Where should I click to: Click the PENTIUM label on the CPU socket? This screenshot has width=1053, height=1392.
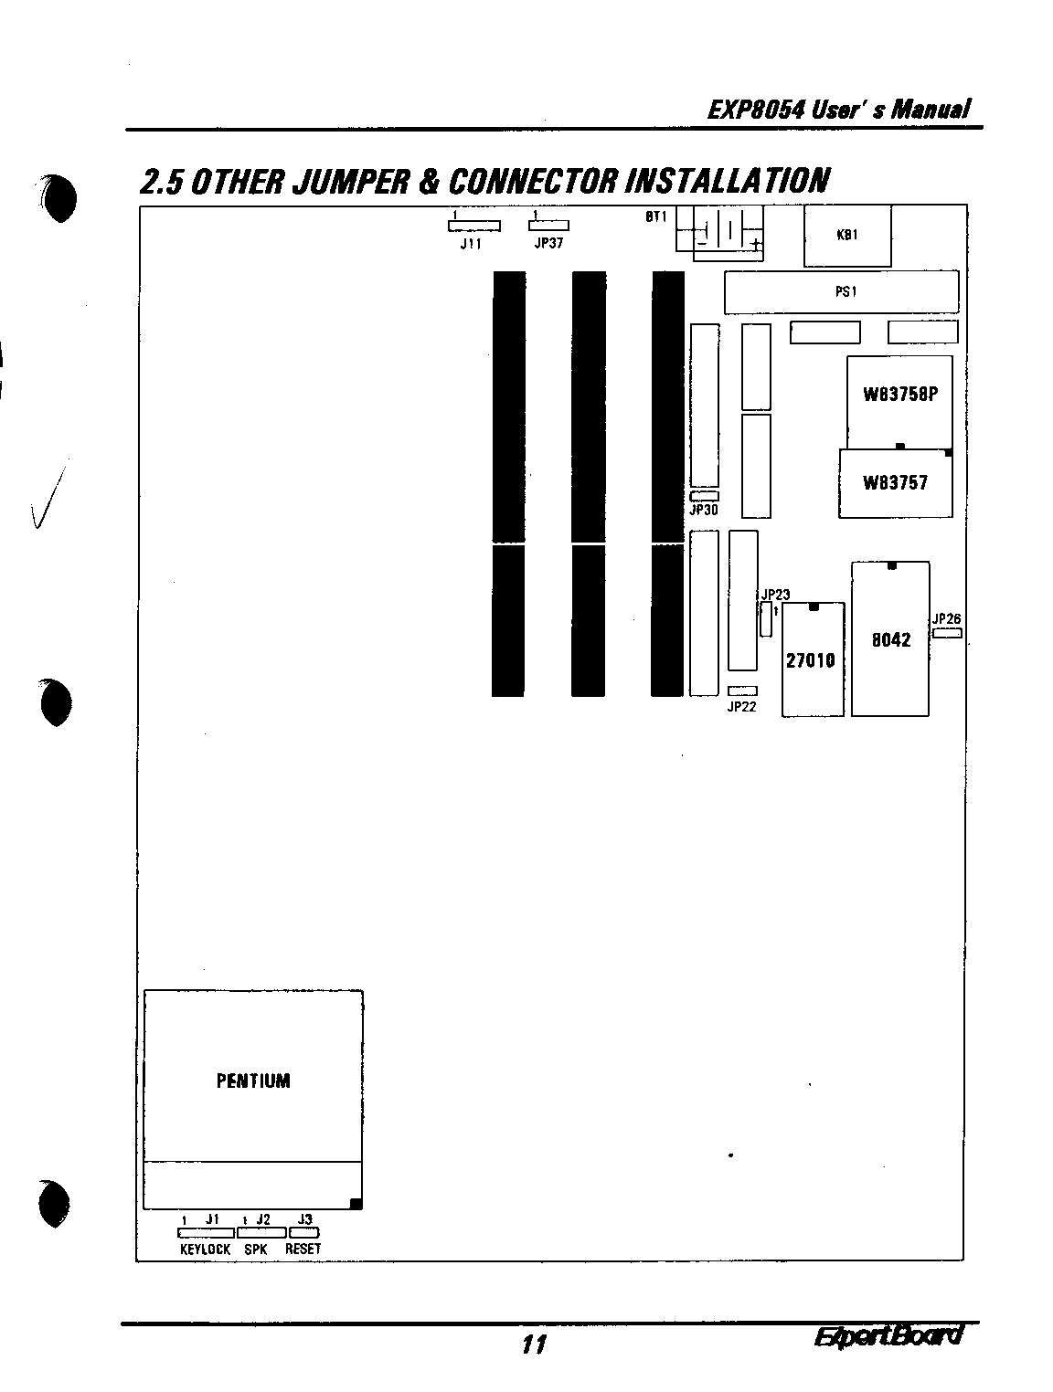pos(253,1081)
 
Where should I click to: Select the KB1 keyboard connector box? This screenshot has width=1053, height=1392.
pos(847,236)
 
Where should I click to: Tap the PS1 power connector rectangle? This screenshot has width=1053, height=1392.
pos(841,292)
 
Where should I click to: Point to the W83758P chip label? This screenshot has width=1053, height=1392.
pos(900,395)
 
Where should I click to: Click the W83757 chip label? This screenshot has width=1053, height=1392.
pos(895,483)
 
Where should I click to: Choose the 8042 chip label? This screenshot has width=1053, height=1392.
pos(890,639)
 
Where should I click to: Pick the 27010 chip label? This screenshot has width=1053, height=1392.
pos(811,659)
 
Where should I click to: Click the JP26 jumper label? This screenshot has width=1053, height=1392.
pos(947,619)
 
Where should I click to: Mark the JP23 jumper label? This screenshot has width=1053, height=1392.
pos(775,595)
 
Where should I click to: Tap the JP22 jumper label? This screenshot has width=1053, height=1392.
pos(741,706)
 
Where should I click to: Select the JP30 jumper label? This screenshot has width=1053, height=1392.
pos(703,511)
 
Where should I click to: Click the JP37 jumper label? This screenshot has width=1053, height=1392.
pos(548,245)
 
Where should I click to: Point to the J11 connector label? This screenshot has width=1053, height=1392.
pos(471,245)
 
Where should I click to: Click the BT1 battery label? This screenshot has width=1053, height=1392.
pos(656,217)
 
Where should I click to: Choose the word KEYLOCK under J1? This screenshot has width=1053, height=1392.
pos(206,1249)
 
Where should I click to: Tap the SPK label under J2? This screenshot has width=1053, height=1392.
pos(256,1249)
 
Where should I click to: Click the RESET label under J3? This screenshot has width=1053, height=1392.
pos(303,1249)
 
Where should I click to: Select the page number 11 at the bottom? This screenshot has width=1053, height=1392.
pos(534,1345)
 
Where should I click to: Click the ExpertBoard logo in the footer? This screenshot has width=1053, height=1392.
pos(888,1336)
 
